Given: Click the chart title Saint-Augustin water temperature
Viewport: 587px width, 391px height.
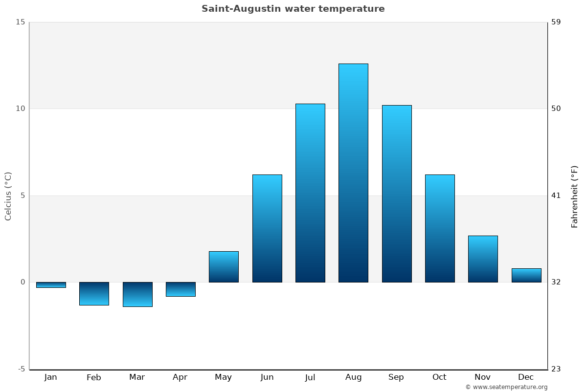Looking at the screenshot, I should (x=293, y=9).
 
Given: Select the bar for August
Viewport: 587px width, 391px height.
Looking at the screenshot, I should (x=353, y=173).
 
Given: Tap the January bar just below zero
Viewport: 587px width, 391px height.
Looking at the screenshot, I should (x=51, y=285).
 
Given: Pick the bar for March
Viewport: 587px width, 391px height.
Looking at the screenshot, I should (x=137, y=294).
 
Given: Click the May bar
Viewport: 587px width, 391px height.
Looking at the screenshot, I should (x=224, y=267).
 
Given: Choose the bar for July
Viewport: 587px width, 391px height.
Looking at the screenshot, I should (x=310, y=193).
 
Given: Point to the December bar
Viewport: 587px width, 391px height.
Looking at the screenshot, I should (x=526, y=275).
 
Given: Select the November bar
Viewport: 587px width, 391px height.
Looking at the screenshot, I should (x=483, y=259).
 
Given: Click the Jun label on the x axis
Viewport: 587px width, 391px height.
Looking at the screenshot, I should (x=267, y=377).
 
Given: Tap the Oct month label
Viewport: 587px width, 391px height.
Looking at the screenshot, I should (x=439, y=377).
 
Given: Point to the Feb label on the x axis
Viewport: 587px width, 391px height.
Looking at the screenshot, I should (x=94, y=377).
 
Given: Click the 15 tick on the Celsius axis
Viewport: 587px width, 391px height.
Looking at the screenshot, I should (x=20, y=22).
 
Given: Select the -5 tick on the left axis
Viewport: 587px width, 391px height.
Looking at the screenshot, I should (x=21, y=369).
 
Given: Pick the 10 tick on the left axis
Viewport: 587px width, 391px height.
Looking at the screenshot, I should (x=20, y=109).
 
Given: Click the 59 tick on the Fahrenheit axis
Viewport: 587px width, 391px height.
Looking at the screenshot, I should (x=556, y=22).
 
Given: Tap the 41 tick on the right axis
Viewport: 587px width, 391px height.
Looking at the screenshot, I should (x=556, y=195).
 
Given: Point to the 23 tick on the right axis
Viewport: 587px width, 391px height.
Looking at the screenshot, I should (x=556, y=369).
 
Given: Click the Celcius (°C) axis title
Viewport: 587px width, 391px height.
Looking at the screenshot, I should (x=8, y=196).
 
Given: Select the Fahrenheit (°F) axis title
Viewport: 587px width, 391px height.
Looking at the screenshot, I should (x=575, y=196).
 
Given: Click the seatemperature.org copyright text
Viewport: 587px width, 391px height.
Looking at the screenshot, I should (x=506, y=387).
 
